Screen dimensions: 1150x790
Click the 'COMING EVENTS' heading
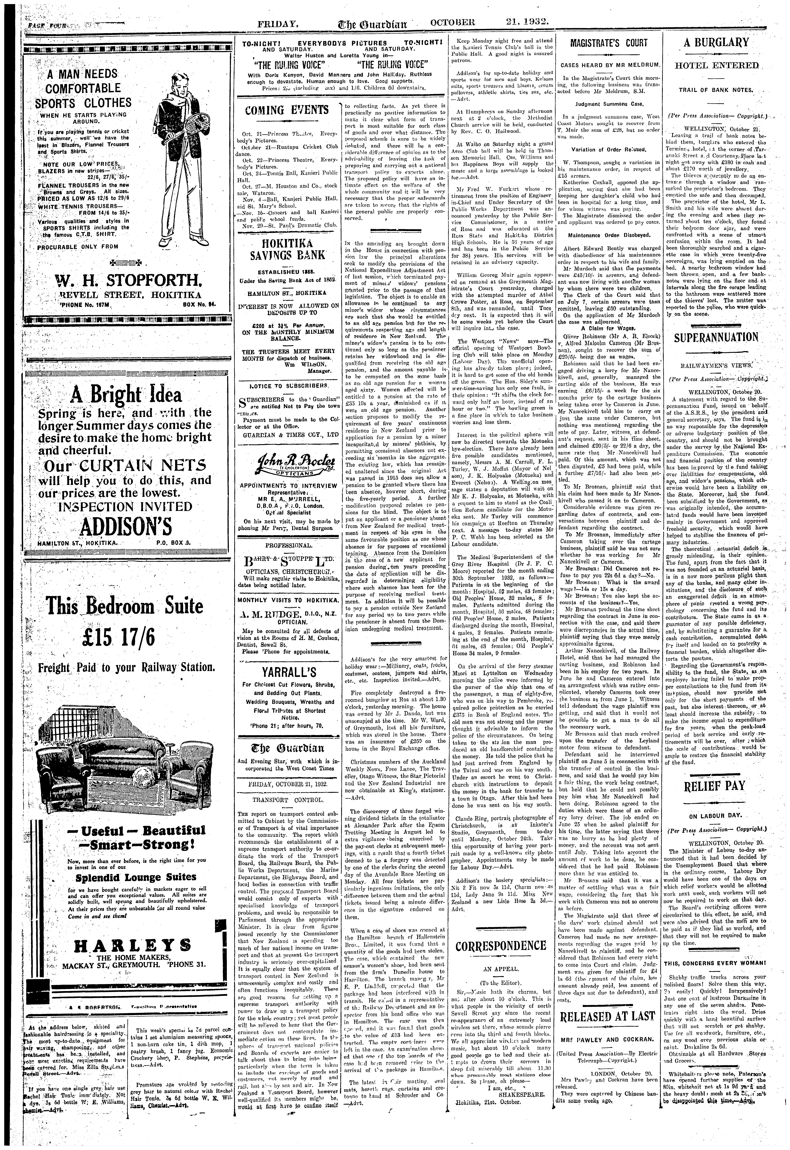(x=288, y=110)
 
